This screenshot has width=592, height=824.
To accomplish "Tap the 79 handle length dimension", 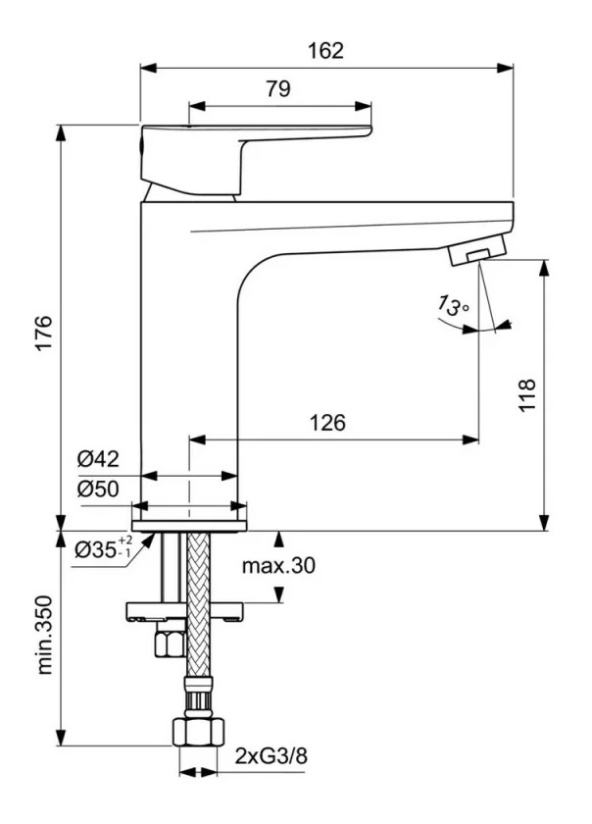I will click(x=277, y=88).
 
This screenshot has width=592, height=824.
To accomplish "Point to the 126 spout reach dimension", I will click(x=327, y=423).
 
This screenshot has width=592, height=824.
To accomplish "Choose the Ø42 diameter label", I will click(x=98, y=459).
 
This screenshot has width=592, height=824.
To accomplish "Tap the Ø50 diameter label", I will click(x=98, y=488).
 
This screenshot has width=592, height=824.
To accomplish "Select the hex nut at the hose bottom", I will click(x=198, y=731).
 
